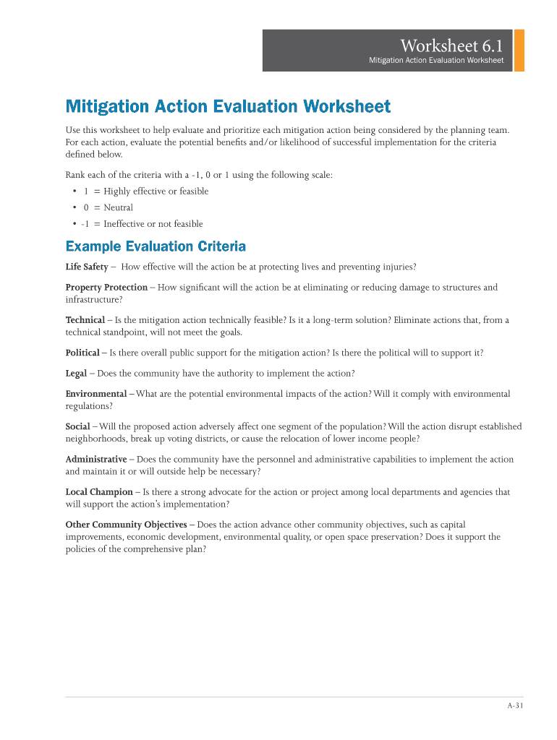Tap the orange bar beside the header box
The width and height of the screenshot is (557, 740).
(x=518, y=51)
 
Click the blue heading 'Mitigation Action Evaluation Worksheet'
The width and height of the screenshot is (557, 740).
(x=228, y=107)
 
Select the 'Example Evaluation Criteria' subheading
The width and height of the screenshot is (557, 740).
(x=156, y=246)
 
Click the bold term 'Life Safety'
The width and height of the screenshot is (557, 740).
(x=87, y=267)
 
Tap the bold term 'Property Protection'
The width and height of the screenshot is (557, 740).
(x=106, y=288)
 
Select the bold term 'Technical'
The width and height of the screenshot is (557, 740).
(x=85, y=320)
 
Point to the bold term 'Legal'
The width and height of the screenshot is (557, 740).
(x=76, y=374)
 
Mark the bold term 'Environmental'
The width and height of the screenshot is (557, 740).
(x=95, y=395)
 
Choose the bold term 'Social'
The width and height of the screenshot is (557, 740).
(x=77, y=427)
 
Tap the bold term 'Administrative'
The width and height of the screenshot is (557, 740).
(x=96, y=460)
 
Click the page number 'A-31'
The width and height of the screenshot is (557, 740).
(x=514, y=707)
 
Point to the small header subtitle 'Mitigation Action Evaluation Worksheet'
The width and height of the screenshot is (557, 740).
(x=435, y=61)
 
